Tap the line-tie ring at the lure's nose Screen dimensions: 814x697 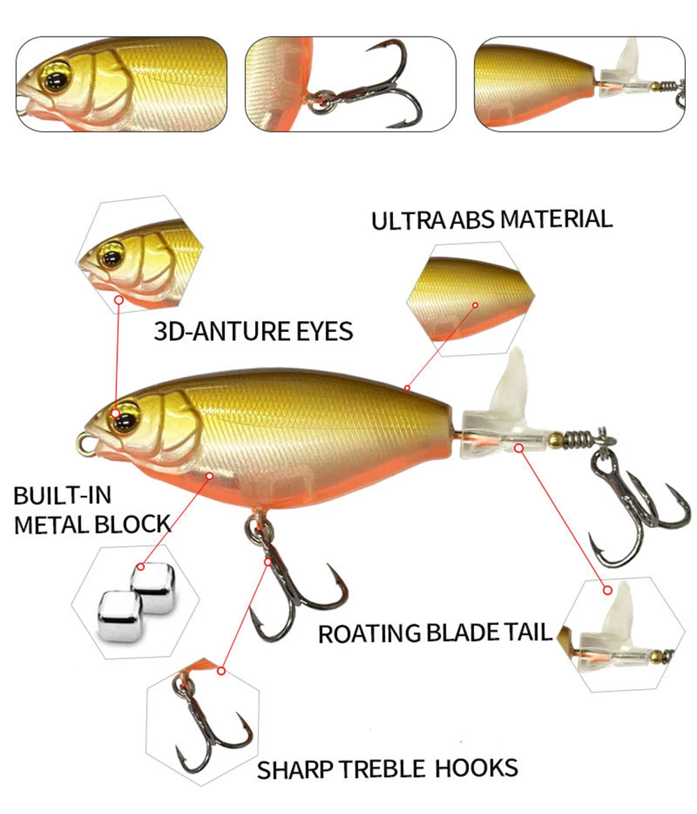click(84, 442)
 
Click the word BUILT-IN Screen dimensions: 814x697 click(62, 497)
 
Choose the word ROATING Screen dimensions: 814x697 click(369, 634)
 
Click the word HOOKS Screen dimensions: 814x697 click(477, 768)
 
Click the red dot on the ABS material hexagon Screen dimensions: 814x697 click(475, 305)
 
